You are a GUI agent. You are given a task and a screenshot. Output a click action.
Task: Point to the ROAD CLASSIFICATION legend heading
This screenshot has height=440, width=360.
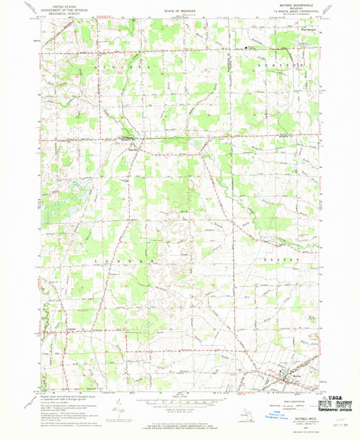[x=289, y=401]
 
